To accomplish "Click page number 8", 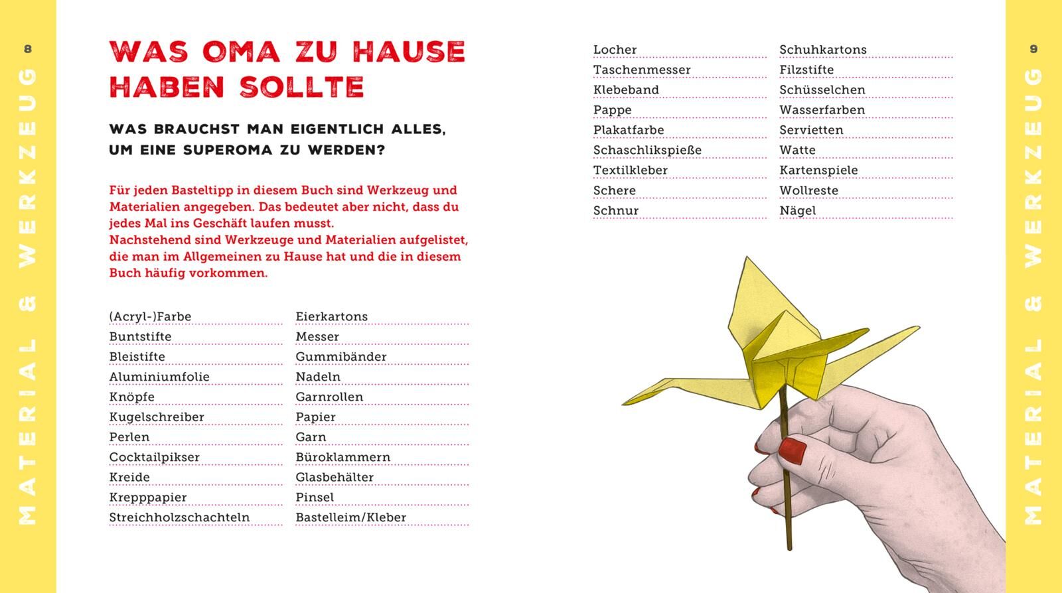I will (27, 48).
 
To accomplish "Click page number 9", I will (1033, 48).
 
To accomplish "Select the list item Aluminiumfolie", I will (159, 377).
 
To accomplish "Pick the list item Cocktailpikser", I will (154, 457).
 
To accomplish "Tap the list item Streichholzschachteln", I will (179, 517).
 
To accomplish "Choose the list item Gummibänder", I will (341, 357).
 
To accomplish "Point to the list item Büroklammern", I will (342, 457).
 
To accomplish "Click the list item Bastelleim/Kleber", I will (350, 517).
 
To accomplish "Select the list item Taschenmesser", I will (642, 70).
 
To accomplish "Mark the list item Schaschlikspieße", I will (647, 150).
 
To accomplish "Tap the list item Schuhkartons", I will (822, 50).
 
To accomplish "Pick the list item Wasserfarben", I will (822, 110).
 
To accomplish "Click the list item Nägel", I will (797, 211).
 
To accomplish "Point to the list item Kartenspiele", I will (818, 170).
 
